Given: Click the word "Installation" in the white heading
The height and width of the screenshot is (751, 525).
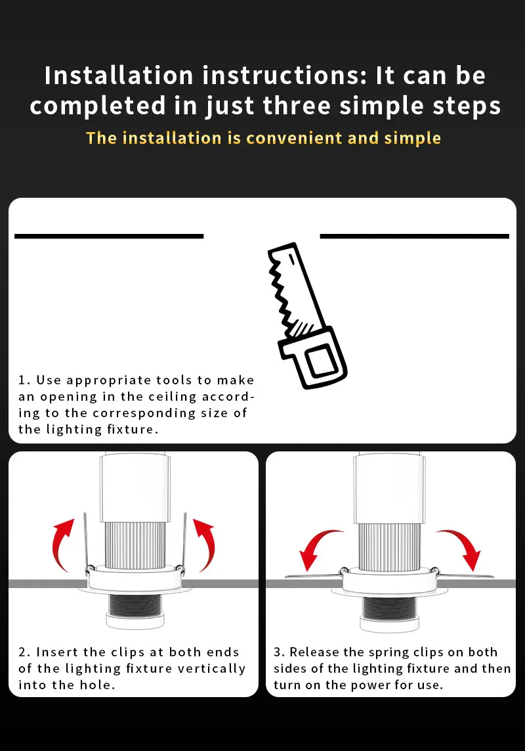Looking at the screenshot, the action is coord(119,76).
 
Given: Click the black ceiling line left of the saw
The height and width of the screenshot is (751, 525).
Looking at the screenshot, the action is coord(109,236).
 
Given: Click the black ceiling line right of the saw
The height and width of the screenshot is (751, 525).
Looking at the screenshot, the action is coord(415,236).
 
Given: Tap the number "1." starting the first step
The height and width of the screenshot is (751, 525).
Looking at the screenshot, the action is coord(24,380).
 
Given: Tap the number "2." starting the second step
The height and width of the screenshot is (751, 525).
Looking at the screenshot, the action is coord(25,652).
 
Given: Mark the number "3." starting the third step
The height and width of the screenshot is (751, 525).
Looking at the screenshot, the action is coord(280,652).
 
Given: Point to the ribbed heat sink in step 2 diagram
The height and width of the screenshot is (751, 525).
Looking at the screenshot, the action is coord(135,545).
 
